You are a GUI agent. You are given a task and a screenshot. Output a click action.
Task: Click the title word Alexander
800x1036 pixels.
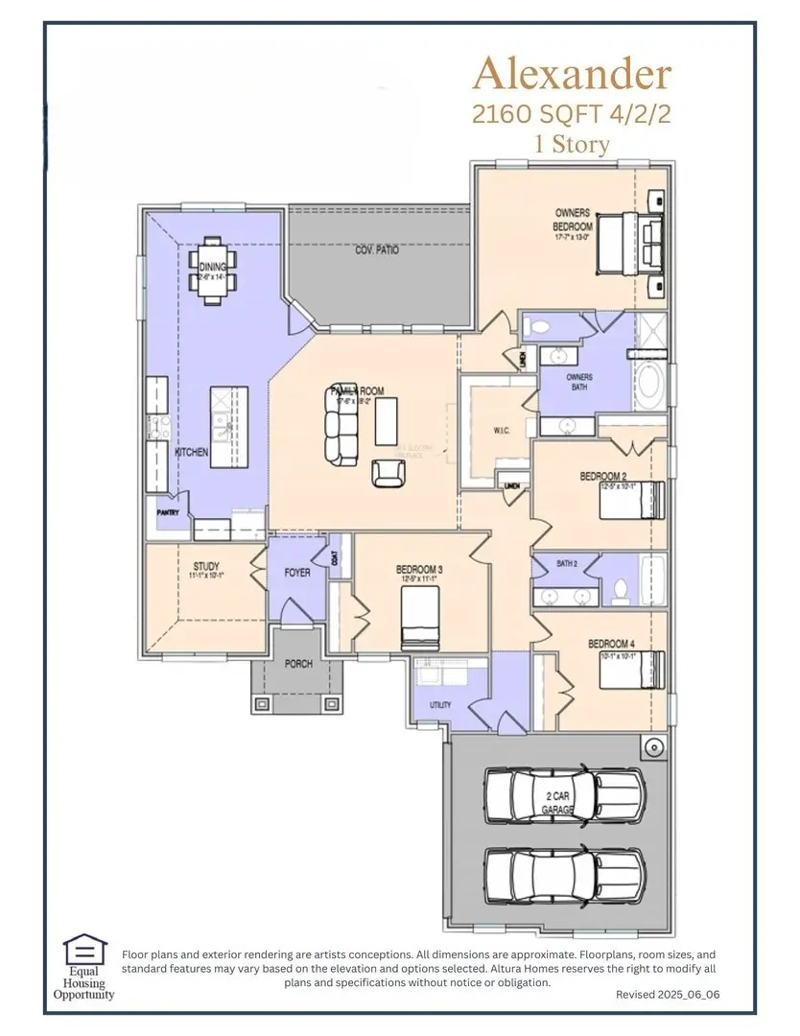click(x=573, y=74)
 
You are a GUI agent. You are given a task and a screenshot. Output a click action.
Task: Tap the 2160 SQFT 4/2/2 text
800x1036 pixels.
click(x=572, y=113)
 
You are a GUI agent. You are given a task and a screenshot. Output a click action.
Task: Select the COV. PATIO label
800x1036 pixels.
click(x=377, y=250)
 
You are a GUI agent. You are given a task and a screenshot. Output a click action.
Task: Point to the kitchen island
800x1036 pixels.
click(x=228, y=427)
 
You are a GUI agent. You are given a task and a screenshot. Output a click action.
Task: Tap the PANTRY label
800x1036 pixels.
click(x=168, y=513)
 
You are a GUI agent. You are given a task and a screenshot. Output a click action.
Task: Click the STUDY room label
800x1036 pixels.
click(x=206, y=567)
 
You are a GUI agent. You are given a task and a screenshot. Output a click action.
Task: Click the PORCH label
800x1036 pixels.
click(x=298, y=664)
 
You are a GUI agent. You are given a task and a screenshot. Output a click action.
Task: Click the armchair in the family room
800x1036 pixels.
click(x=387, y=472)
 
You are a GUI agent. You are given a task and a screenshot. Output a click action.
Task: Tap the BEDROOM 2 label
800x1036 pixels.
click(x=602, y=476)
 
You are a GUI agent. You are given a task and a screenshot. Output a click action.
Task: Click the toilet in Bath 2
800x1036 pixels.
click(x=619, y=592)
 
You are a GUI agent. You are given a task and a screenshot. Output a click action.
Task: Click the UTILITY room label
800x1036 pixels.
click(x=440, y=705)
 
